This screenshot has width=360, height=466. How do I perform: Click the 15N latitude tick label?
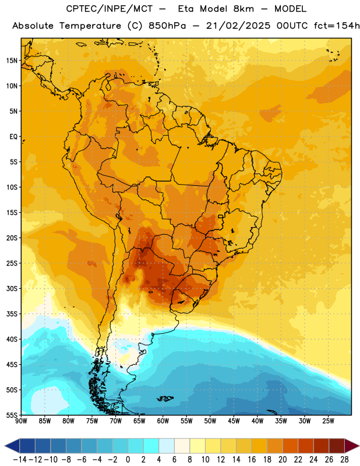pyautogui.click(x=12, y=61)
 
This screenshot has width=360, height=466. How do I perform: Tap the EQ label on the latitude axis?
pyautogui.click(x=13, y=137)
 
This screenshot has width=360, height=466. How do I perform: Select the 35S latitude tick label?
pyautogui.click(x=12, y=314)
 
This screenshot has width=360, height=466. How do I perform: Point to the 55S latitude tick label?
pyautogui.click(x=12, y=415)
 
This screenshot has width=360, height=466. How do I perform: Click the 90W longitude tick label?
pyautogui.click(x=22, y=421)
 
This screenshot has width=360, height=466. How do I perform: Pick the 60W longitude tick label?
pyautogui.click(x=163, y=421)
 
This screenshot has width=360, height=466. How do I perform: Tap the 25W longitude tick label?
pyautogui.click(x=328, y=421)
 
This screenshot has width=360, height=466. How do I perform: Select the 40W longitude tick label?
pyautogui.click(x=257, y=421)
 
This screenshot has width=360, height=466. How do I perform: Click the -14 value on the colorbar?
pyautogui.click(x=20, y=460)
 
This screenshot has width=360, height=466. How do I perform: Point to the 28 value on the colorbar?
pyautogui.click(x=344, y=460)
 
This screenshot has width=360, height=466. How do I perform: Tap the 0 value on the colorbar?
pyautogui.click(x=128, y=460)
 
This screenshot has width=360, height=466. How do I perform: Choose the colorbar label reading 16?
pyautogui.click(x=252, y=460)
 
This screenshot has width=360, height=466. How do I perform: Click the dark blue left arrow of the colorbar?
pyautogui.click(x=12, y=446)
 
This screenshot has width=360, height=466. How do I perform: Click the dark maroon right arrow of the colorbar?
pyautogui.click(x=352, y=446)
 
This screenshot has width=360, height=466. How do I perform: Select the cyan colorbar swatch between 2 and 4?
pyautogui.click(x=151, y=446)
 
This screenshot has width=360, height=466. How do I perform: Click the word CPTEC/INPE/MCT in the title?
pyautogui.click(x=110, y=9)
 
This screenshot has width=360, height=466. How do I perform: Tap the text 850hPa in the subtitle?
pyautogui.click(x=167, y=26)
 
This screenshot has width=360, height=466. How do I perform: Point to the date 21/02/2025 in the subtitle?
pyautogui.click(x=238, y=26)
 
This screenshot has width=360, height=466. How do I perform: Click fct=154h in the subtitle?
pyautogui.click(x=337, y=26)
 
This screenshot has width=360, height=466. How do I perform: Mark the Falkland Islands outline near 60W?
pyautogui.click(x=165, y=398)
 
